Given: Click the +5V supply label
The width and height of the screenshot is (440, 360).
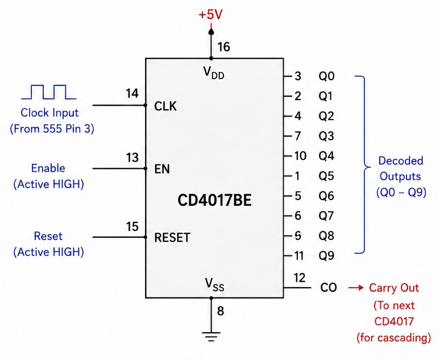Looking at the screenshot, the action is (x=210, y=15).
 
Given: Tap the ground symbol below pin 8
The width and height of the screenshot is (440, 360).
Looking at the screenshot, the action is (x=211, y=337).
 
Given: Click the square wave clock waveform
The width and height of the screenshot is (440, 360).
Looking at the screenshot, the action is (x=48, y=92).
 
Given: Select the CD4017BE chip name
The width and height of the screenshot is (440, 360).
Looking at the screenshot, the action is (x=214, y=200).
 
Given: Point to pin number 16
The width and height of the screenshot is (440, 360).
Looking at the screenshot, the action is (x=223, y=47).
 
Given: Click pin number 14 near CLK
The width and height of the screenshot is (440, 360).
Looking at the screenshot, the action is (x=132, y=93).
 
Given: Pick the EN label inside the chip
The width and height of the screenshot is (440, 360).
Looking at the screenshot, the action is (x=162, y=169).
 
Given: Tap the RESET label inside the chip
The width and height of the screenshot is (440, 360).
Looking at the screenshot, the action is (x=172, y=238).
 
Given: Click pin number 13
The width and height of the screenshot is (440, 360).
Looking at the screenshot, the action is (x=132, y=158).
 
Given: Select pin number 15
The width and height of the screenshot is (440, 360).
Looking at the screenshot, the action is (x=132, y=226).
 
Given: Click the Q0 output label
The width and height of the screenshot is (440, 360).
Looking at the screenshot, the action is (x=326, y=76).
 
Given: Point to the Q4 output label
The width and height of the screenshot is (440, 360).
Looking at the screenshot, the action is (x=326, y=156).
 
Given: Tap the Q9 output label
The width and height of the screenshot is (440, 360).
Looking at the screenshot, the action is (x=326, y=256).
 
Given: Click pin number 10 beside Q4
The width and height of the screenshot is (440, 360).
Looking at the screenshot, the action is (x=300, y=156).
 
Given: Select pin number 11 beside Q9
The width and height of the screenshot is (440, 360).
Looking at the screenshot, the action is (x=299, y=256).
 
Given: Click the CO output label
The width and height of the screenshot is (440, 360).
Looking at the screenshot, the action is (x=329, y=288).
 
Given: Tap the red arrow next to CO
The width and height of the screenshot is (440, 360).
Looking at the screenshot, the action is (x=356, y=288).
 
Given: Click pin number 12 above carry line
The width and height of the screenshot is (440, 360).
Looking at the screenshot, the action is (x=300, y=278).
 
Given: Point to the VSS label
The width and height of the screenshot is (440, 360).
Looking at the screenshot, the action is (x=214, y=284).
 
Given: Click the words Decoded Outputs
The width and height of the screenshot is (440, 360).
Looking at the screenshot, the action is (x=400, y=168).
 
